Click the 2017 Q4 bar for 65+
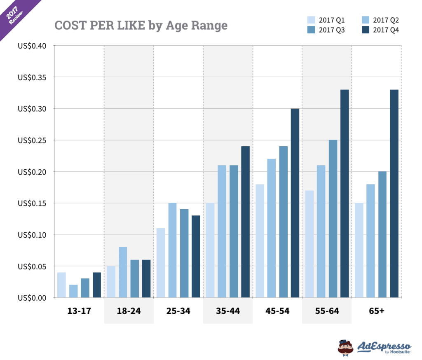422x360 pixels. [x=394, y=194]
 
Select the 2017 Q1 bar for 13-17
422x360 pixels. [x=61, y=285]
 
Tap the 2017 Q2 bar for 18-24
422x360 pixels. [x=123, y=272]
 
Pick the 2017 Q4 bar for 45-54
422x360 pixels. [x=295, y=203]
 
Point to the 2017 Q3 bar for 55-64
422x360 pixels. [x=333, y=219]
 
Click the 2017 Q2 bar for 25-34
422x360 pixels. [x=172, y=250]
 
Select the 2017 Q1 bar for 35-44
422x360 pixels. [x=210, y=250]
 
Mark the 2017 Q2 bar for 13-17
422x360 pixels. [x=73, y=291]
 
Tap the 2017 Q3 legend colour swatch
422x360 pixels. [x=312, y=30]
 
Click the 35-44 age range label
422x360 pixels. [x=228, y=311]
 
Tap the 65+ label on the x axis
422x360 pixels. [x=377, y=311]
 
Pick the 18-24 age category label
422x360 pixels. [x=129, y=311]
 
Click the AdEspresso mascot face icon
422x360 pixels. [x=345, y=347]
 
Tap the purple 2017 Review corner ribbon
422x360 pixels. [x=16, y=14]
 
